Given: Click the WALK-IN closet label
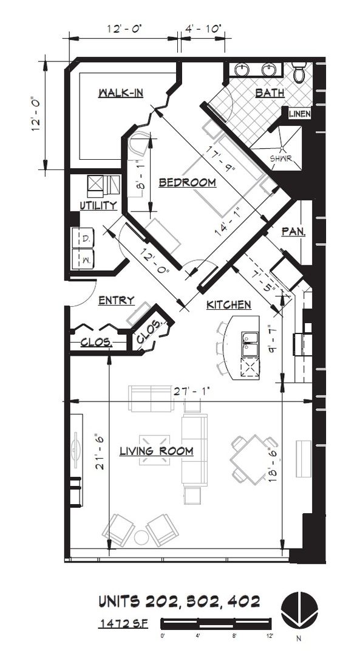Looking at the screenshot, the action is (x=121, y=93).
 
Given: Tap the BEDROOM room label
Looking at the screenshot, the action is (x=188, y=183).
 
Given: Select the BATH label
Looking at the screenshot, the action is (x=270, y=93).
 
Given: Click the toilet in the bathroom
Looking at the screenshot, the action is (x=299, y=72).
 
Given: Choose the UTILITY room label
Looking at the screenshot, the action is (x=98, y=205).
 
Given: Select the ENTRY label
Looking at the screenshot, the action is (x=117, y=301).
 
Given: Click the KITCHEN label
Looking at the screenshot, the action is (x=229, y=305).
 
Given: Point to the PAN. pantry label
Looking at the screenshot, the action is (x=293, y=232).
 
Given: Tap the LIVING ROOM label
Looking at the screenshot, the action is (x=157, y=451).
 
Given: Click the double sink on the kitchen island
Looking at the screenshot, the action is (x=251, y=344).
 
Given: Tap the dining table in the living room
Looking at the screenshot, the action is (x=254, y=459).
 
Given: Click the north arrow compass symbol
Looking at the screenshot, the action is (x=299, y=609).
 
